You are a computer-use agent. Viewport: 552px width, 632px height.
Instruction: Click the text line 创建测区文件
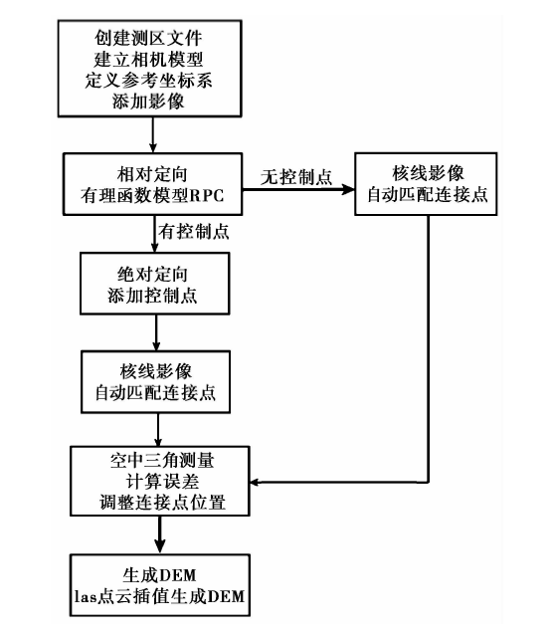(x=148, y=39)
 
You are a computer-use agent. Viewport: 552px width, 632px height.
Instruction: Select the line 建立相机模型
(x=148, y=60)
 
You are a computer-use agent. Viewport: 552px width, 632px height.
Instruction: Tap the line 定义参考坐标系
(x=148, y=81)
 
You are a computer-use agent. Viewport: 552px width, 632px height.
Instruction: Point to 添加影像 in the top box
(x=148, y=102)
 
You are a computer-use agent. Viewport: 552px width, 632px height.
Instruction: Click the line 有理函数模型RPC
(x=152, y=196)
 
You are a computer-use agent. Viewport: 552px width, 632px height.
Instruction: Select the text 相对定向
(x=152, y=174)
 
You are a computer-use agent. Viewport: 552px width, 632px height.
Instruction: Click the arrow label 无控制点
(x=296, y=177)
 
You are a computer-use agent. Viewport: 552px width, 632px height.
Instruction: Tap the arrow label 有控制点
(x=194, y=232)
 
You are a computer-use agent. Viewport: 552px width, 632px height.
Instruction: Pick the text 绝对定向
(x=153, y=275)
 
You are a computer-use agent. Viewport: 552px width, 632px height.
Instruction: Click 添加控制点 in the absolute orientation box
(x=152, y=296)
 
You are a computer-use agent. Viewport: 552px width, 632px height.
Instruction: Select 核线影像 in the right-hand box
(x=428, y=173)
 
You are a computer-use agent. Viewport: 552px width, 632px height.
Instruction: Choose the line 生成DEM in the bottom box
(x=159, y=575)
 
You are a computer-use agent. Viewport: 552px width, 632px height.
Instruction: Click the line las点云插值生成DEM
(x=159, y=596)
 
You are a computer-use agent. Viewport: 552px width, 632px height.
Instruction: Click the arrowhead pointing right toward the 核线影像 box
(x=348, y=189)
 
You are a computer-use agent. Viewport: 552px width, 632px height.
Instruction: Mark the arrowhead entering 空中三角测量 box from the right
(x=256, y=482)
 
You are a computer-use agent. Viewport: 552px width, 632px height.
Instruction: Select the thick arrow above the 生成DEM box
(x=160, y=534)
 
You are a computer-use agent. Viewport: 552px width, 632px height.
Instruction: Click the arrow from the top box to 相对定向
(x=153, y=134)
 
